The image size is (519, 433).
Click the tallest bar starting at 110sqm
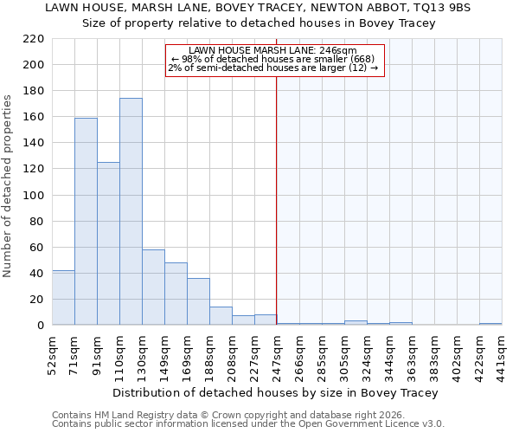[x=131, y=212]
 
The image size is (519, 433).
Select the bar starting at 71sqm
[x=86, y=222]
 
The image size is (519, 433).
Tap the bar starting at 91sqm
[x=108, y=243]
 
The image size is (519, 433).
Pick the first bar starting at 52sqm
[x=63, y=298]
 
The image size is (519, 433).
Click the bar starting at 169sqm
[x=198, y=301]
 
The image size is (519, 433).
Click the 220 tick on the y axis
[x=34, y=39]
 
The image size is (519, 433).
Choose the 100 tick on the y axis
[x=34, y=196]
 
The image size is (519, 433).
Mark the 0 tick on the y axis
[x=40, y=326]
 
